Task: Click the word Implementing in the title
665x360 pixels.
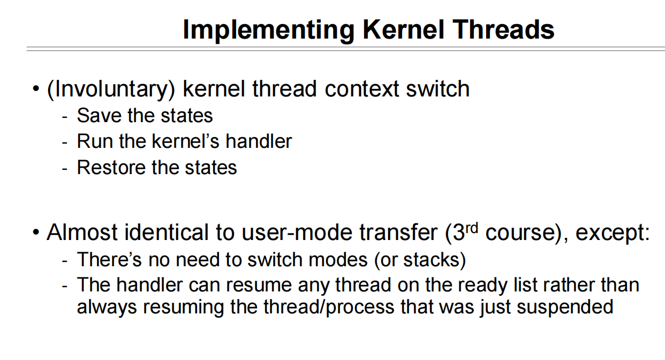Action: pyautogui.click(x=269, y=31)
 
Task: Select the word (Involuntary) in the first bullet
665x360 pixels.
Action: pyautogui.click(x=111, y=89)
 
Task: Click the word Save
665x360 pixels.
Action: pyautogui.click(x=99, y=115)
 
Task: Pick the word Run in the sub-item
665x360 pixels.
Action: pyautogui.click(x=95, y=141)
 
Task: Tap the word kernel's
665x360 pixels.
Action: pyautogui.click(x=186, y=141)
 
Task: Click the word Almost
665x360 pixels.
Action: pyautogui.click(x=82, y=232)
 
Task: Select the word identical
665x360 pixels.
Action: pyautogui.click(x=166, y=232)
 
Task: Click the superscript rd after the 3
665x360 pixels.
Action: pyautogui.click(x=472, y=228)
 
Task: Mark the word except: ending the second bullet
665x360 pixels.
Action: pyautogui.click(x=613, y=233)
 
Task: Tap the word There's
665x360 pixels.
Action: pyautogui.click(x=109, y=260)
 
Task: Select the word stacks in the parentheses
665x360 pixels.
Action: pyautogui.click(x=431, y=260)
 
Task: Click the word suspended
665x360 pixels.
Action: pyautogui.click(x=565, y=307)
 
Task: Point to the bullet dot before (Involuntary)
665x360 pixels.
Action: pyautogui.click(x=36, y=89)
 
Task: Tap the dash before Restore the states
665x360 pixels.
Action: pyautogui.click(x=65, y=169)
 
